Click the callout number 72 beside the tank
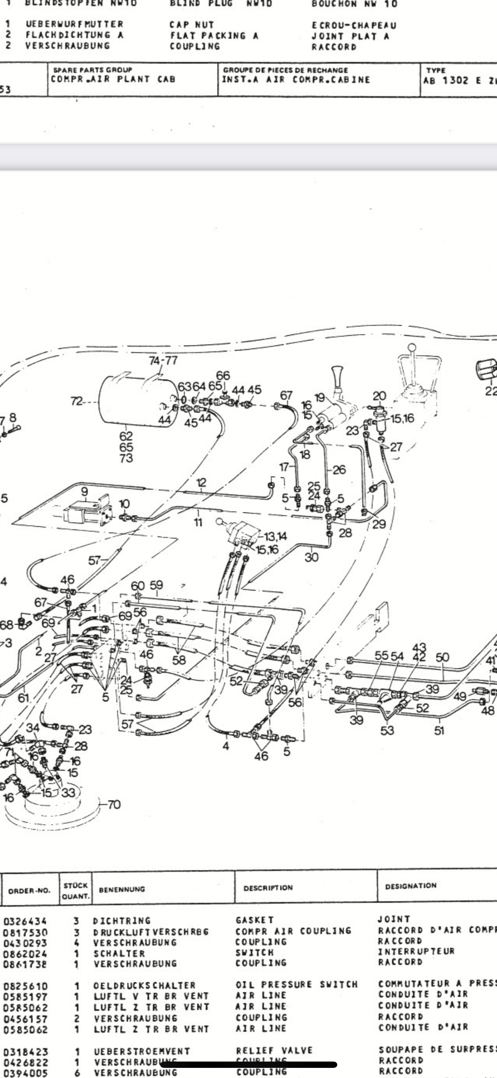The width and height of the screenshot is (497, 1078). pyautogui.click(x=76, y=401)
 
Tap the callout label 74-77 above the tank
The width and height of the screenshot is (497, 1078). pyautogui.click(x=163, y=360)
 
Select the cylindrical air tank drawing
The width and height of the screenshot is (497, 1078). pyautogui.click(x=137, y=399)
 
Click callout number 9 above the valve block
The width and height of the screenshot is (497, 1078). pyautogui.click(x=84, y=491)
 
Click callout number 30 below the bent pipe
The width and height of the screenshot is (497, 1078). pyautogui.click(x=312, y=557)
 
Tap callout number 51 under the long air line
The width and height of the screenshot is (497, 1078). pyautogui.click(x=439, y=730)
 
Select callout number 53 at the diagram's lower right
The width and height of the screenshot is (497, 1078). pyautogui.click(x=387, y=730)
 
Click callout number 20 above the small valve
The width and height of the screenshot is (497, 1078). pyautogui.click(x=379, y=396)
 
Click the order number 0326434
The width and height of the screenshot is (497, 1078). pyautogui.click(x=25, y=921)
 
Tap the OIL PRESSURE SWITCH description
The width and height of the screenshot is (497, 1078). pyautogui.click(x=296, y=985)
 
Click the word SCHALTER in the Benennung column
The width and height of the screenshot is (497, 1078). pyautogui.click(x=119, y=953)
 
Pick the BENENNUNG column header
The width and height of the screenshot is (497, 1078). pyautogui.click(x=122, y=889)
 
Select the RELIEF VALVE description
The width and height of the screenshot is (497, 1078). pyautogui.click(x=274, y=1051)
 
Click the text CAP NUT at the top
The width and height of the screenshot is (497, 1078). pyautogui.click(x=192, y=25)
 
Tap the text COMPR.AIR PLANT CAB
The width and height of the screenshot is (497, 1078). pyautogui.click(x=113, y=79)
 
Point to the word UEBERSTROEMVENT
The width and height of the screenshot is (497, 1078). pyautogui.click(x=142, y=1051)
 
